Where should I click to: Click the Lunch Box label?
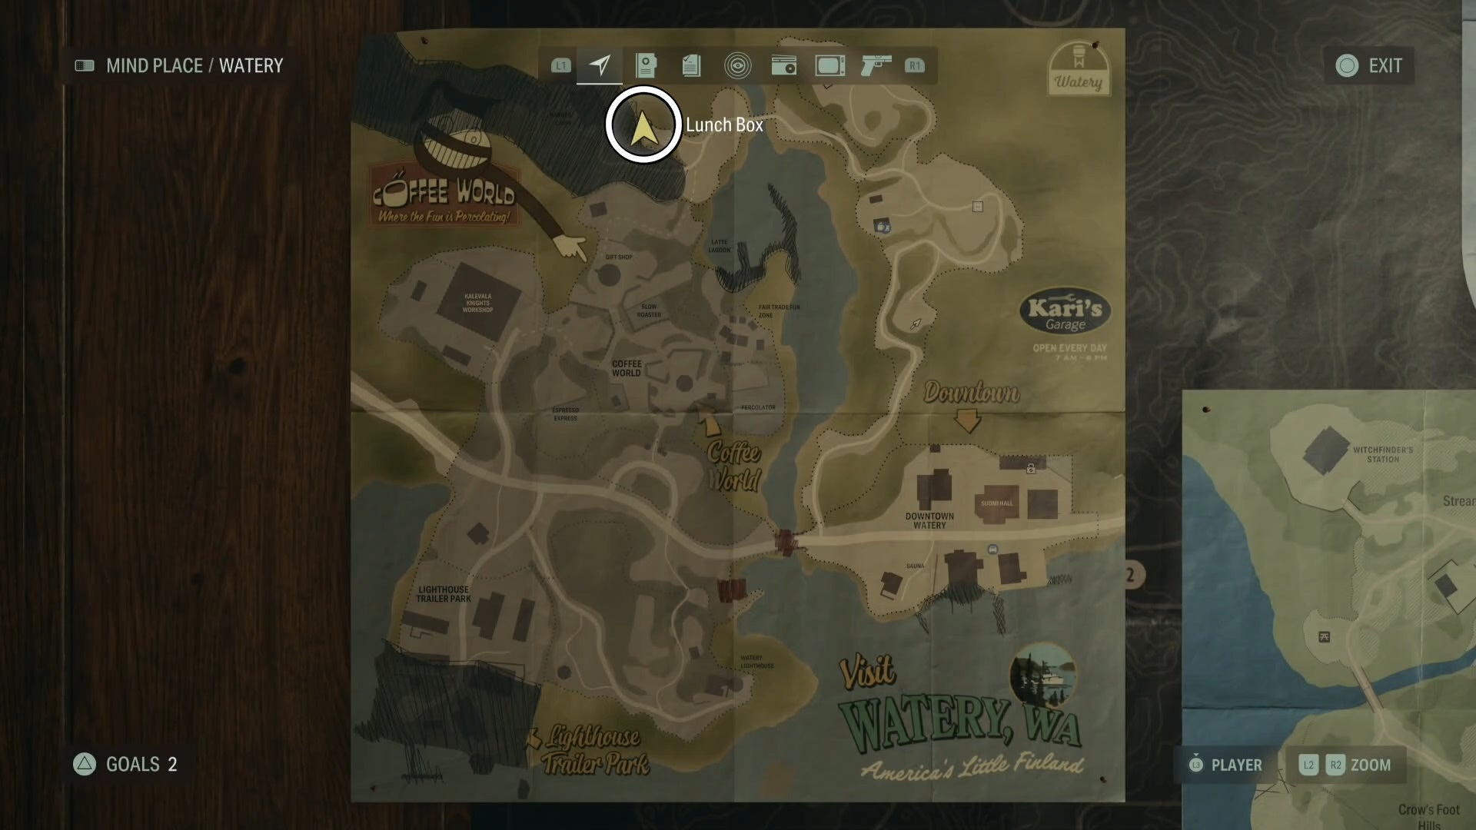[723, 125]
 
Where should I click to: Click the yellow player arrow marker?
[643, 126]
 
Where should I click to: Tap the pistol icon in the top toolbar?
[876, 65]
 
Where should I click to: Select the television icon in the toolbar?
[829, 66]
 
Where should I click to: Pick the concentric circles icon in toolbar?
[737, 66]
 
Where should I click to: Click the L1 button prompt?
[561, 66]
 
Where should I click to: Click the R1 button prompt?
[914, 66]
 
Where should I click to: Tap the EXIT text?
[1385, 66]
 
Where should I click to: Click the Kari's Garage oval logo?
[1065, 313]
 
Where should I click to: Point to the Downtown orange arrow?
[967, 420]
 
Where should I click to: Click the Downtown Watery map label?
[929, 521]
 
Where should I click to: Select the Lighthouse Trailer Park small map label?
[444, 594]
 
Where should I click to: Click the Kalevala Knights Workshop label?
[477, 303]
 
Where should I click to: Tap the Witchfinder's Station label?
[1382, 454]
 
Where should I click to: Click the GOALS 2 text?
[141, 764]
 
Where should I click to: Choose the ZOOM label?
[1370, 765]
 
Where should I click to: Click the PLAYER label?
[1236, 765]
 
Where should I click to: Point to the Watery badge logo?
[1078, 69]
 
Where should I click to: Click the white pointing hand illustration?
[570, 247]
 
